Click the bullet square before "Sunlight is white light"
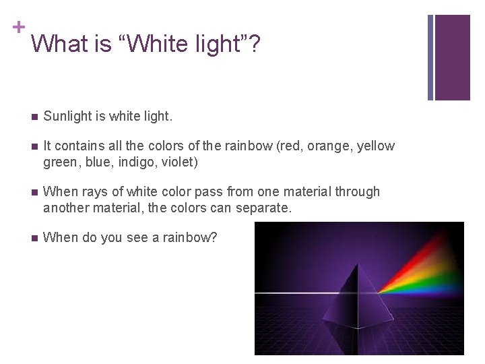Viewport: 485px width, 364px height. (x=34, y=117)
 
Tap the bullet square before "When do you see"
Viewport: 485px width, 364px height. (x=34, y=239)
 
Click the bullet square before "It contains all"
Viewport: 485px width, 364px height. (x=34, y=147)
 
